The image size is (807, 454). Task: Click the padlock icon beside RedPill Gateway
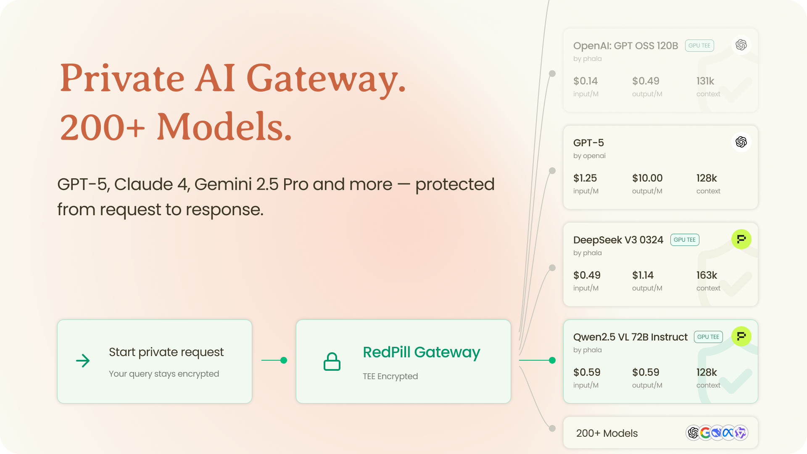[332, 362]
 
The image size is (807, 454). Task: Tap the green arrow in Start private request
[83, 361]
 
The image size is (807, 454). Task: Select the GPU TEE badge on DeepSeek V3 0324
[685, 240]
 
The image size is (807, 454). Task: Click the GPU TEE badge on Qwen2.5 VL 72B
[708, 337]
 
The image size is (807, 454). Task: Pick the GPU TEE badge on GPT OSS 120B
[699, 45]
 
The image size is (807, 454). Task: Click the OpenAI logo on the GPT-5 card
[741, 142]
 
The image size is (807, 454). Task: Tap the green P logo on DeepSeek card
[741, 239]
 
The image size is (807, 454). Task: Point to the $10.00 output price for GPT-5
[647, 178]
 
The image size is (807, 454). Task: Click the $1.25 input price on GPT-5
[585, 178]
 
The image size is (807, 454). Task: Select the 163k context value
[707, 275]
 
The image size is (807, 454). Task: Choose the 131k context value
[705, 81]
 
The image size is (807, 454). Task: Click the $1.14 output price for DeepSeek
[643, 275]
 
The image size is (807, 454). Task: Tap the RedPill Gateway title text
[421, 352]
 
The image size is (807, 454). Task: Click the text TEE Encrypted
[390, 376]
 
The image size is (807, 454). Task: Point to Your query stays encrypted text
[164, 374]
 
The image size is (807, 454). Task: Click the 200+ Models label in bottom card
[607, 433]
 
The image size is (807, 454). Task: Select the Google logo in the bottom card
[705, 433]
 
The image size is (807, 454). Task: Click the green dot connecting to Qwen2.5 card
[552, 360]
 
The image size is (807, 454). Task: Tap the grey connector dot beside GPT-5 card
[552, 171]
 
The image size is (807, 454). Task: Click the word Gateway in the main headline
[326, 79]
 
